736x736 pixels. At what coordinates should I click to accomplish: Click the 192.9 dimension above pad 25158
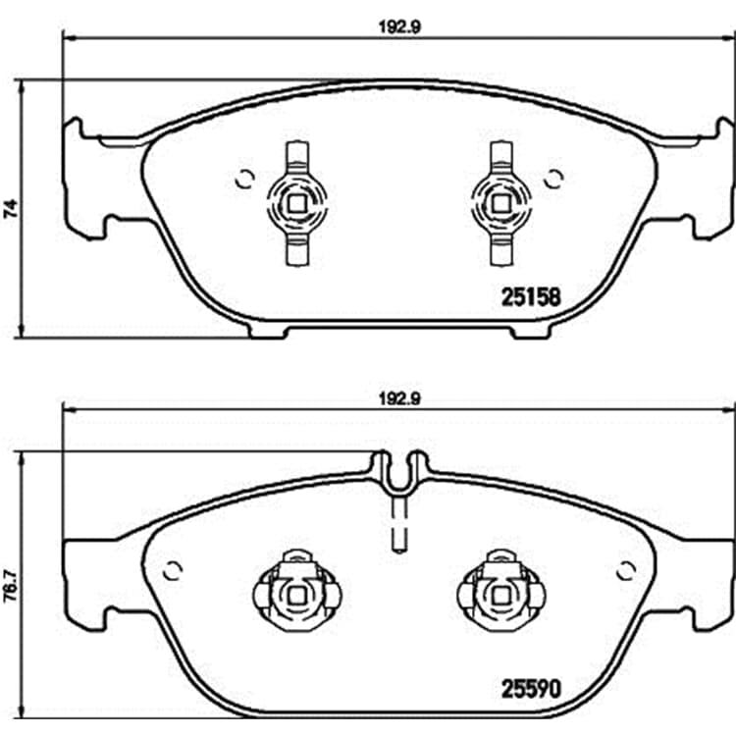tap(399, 27)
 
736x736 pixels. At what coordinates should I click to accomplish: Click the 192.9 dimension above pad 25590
tap(399, 399)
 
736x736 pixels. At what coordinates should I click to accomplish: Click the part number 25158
tap(531, 296)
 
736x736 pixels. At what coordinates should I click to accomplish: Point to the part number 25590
tap(531, 689)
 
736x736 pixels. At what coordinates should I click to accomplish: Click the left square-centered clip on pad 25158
tap(296, 204)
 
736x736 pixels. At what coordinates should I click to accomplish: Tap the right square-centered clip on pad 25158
tap(500, 204)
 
